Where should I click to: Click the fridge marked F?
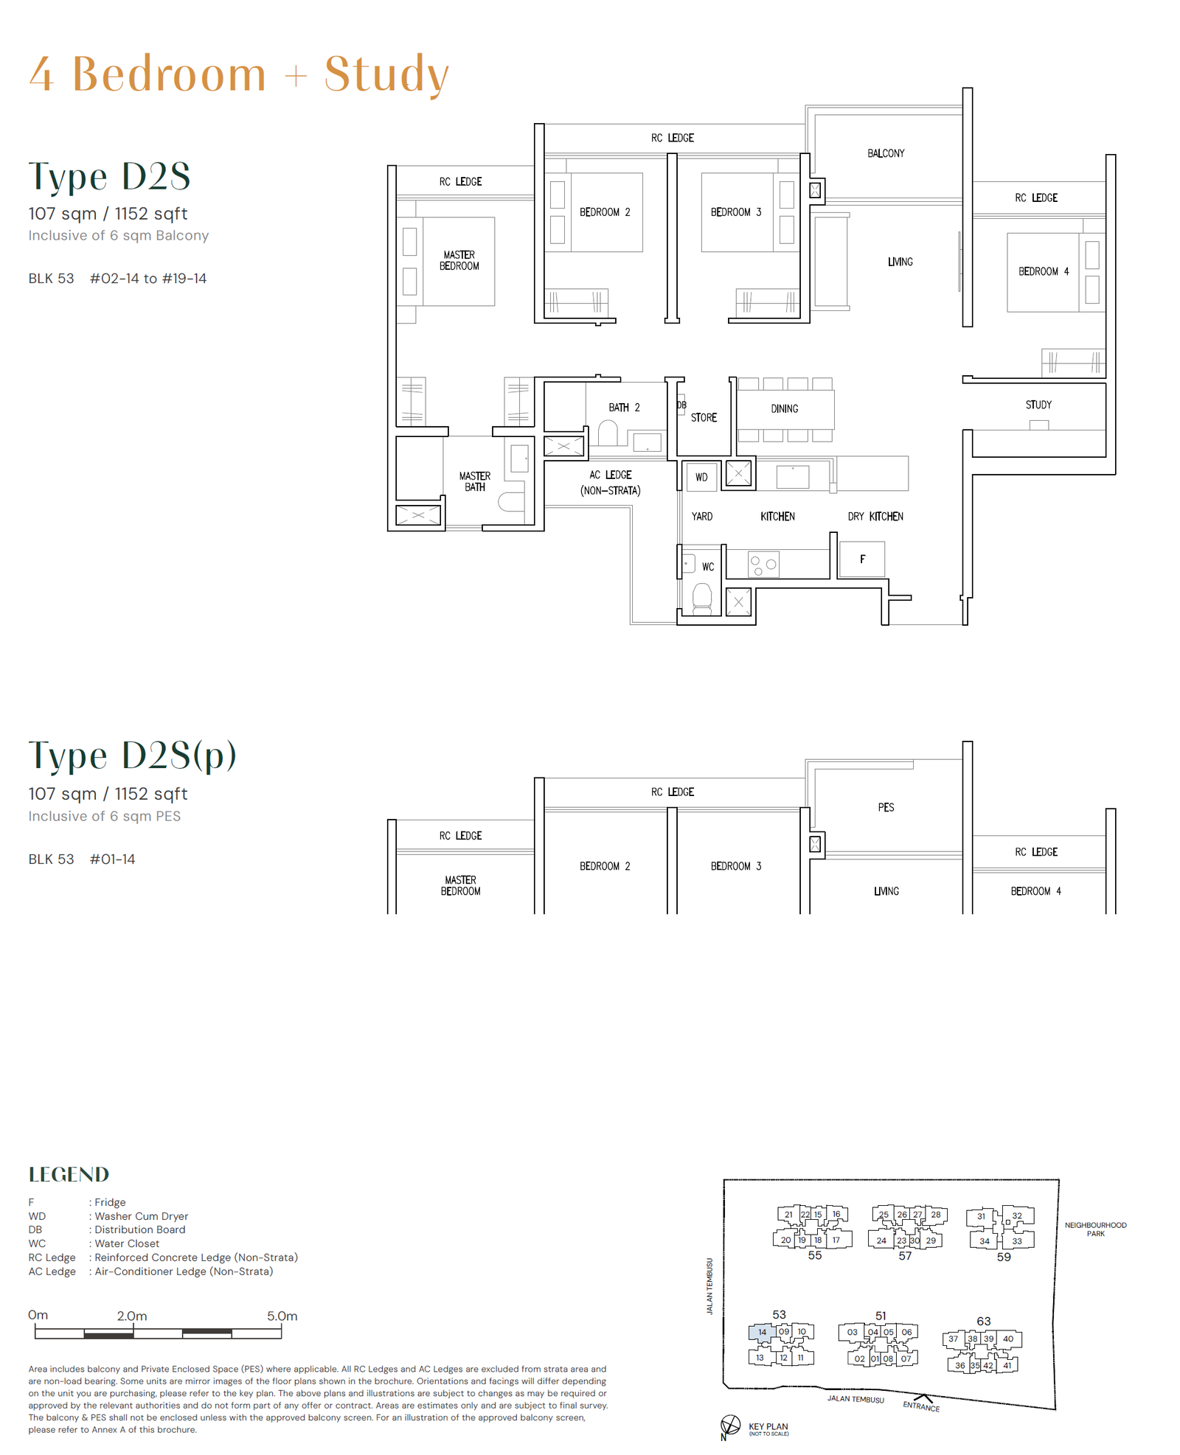[x=862, y=559]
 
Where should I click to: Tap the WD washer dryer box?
[x=701, y=477]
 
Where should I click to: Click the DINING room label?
[x=785, y=408]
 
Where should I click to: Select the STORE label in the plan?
[x=704, y=417]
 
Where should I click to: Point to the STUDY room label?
[x=1038, y=405]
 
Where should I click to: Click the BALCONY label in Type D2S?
[x=886, y=153]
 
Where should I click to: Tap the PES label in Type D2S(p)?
[x=886, y=807]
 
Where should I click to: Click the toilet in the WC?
[x=702, y=598]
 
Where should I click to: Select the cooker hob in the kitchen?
[x=763, y=565]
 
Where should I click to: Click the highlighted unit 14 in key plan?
[x=762, y=1332]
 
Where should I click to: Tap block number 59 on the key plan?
[x=1004, y=1257]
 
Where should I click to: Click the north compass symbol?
[x=729, y=1425]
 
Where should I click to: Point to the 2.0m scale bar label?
[x=132, y=1316]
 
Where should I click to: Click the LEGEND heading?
[x=69, y=1174]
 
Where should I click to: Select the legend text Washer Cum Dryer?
[x=141, y=1216]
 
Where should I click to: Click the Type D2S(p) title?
[x=132, y=756]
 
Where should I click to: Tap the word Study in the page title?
[x=386, y=74]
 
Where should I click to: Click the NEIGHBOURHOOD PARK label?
[x=1095, y=1229]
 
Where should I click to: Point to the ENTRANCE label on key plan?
[x=921, y=1406]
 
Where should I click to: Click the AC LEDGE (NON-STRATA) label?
[x=610, y=483]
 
